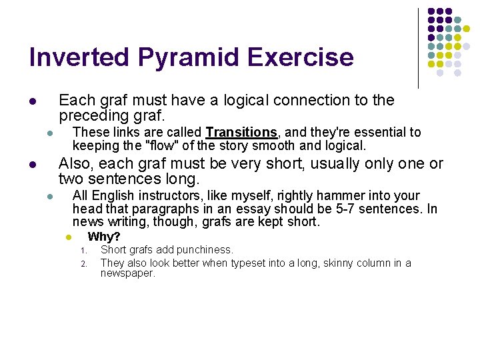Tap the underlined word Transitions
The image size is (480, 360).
[x=241, y=133]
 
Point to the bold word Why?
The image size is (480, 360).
[x=104, y=237]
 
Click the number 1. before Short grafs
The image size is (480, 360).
[x=84, y=251]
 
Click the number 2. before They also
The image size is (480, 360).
[x=84, y=263]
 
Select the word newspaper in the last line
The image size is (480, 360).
[x=126, y=273]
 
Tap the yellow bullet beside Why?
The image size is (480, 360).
[x=67, y=238]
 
